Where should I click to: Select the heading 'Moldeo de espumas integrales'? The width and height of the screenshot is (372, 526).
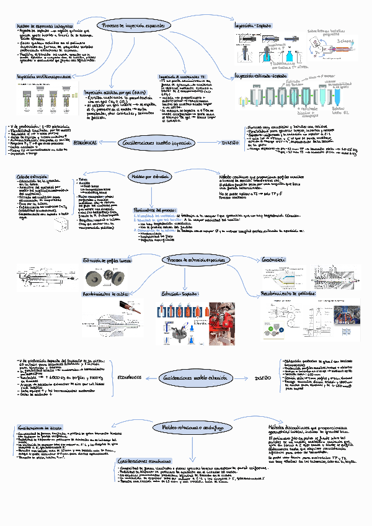[x=41, y=26]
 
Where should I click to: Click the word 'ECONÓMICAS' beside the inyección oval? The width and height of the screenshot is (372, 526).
[x=86, y=143]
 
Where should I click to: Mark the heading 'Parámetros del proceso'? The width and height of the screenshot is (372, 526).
[x=156, y=210]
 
